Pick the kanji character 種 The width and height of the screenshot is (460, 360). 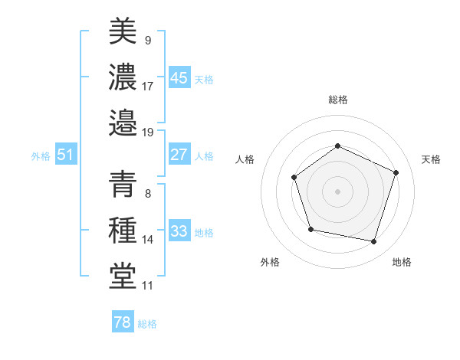[123, 231]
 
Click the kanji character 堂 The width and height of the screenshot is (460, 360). [123, 277]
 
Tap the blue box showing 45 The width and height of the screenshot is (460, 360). [179, 78]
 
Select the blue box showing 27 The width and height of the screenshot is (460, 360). [179, 155]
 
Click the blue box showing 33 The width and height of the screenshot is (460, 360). [179, 231]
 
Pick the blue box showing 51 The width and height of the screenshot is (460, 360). [66, 155]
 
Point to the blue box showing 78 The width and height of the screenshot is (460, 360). [123, 322]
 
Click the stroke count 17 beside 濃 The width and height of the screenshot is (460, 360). [148, 86]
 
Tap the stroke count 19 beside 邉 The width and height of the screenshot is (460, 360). [148, 132]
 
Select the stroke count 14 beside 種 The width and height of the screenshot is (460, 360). [148, 240]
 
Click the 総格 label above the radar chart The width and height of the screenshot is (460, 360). [337, 100]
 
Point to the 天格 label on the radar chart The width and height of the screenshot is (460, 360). [432, 159]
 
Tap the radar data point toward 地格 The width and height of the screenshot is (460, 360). [374, 242]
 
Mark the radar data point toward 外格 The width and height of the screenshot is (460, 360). [310, 229]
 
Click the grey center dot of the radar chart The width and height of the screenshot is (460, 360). [337, 191]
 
